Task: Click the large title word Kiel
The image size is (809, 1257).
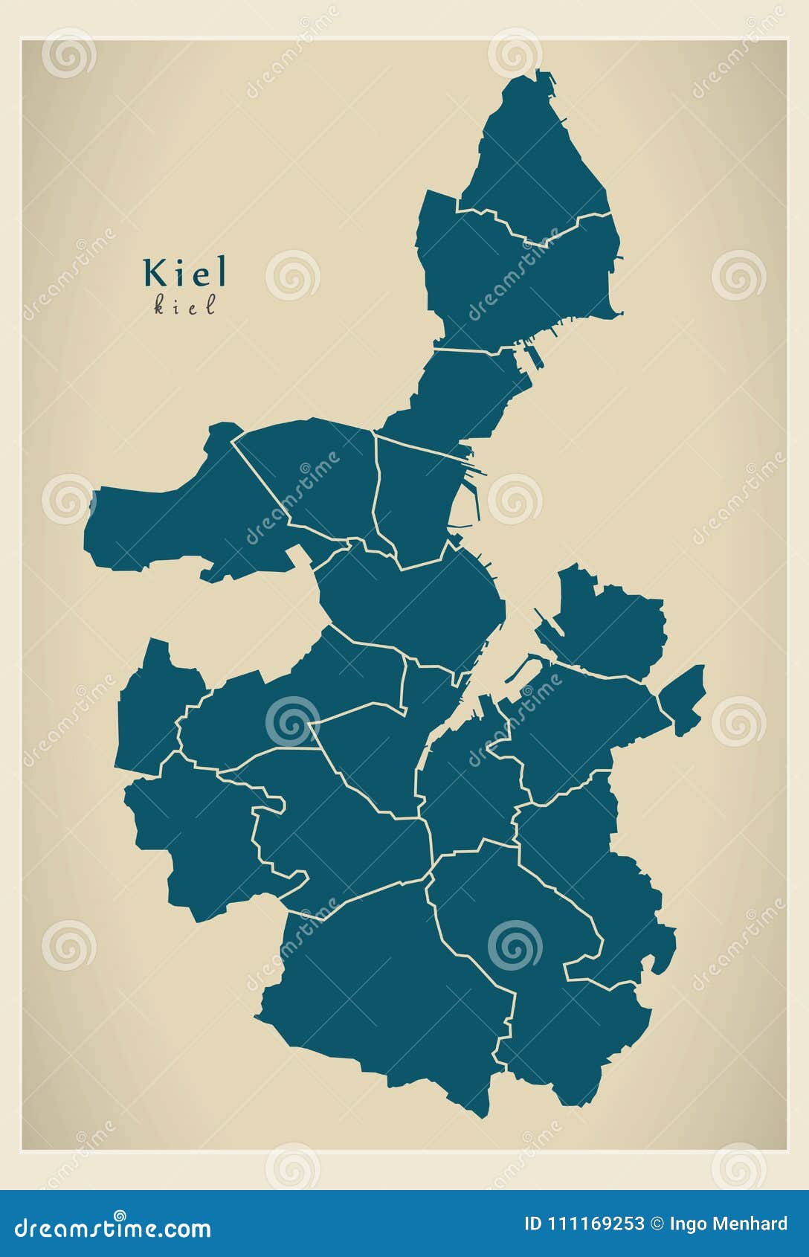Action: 185,273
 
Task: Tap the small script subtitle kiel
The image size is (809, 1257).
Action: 184,306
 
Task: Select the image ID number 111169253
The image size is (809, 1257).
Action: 596,1224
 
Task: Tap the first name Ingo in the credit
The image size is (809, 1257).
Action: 691,1224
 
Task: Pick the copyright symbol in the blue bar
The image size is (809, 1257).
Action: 657,1224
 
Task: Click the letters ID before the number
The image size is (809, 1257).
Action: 532,1224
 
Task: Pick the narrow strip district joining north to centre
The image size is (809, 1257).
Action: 461,394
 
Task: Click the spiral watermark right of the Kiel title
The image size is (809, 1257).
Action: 292,274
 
